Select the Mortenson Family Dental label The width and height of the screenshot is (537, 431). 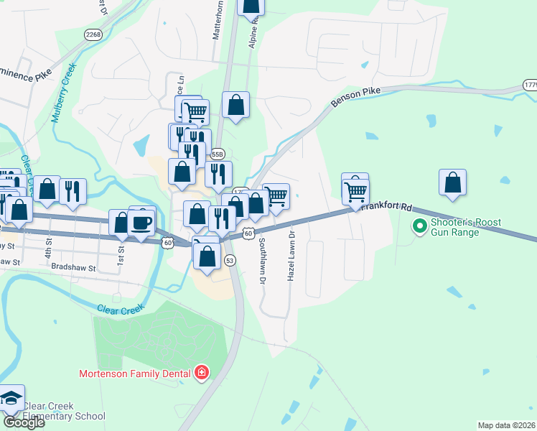[135, 374]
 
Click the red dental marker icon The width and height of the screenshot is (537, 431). [202, 372]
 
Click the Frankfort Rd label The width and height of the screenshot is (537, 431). [386, 207]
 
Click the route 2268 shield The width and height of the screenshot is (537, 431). [93, 34]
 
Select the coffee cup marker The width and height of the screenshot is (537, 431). [142, 221]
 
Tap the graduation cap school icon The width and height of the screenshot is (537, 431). [11, 399]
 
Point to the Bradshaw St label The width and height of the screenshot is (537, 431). [74, 266]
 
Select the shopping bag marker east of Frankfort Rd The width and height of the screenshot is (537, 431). [452, 183]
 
